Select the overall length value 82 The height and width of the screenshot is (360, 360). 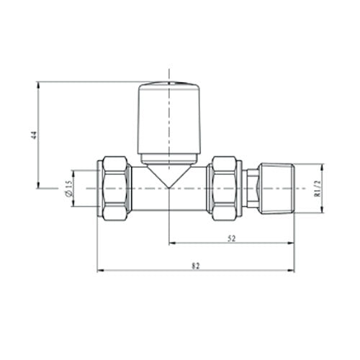195,266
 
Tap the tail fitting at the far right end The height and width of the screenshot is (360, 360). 275,188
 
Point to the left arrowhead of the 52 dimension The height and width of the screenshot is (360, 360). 171,244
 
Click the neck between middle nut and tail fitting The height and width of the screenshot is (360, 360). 250,188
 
